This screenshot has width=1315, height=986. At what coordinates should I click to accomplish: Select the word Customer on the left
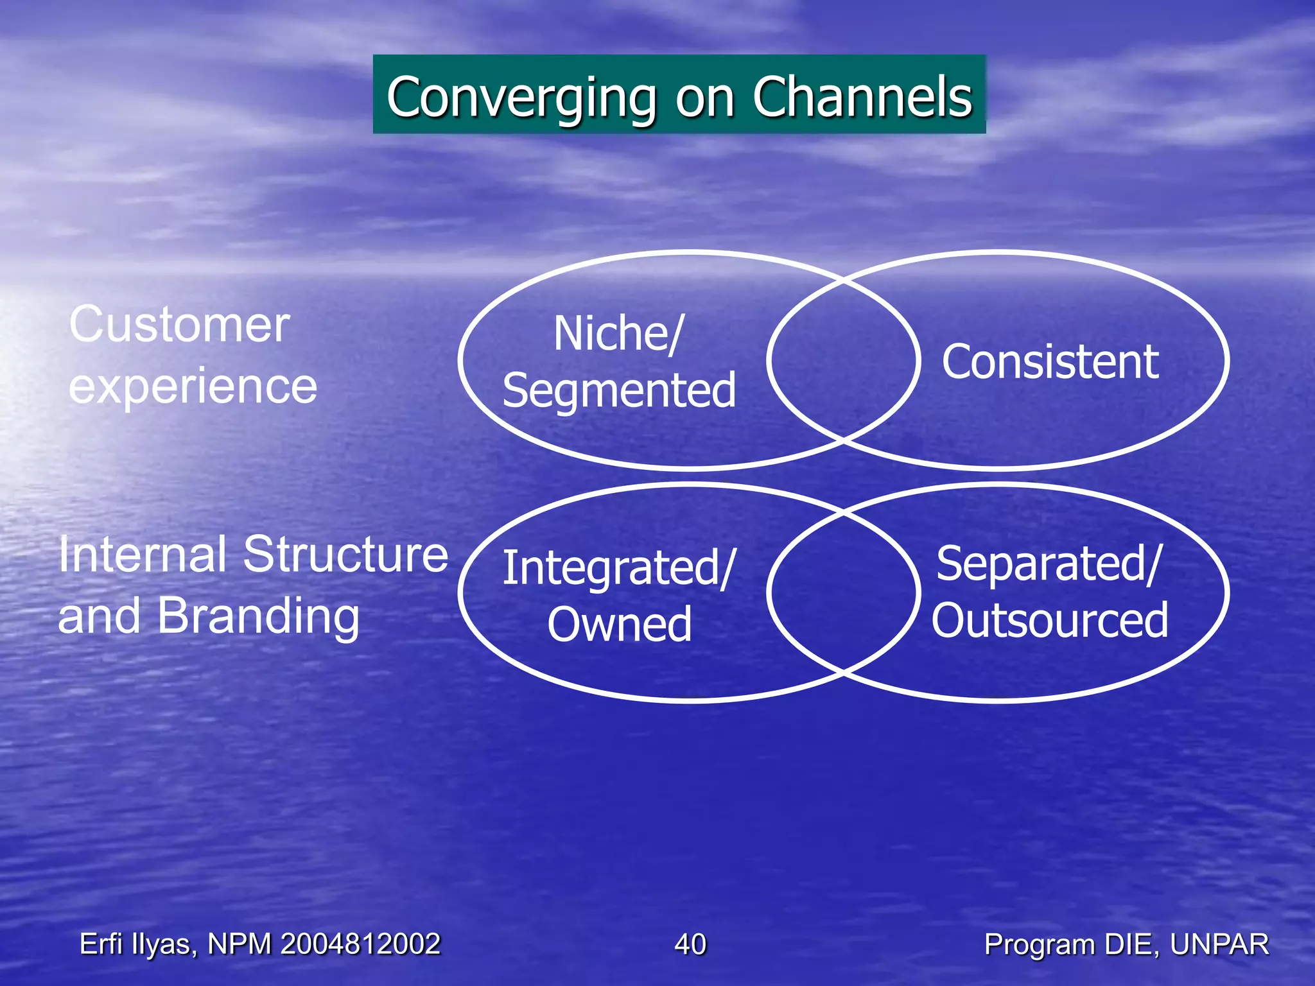pos(179,325)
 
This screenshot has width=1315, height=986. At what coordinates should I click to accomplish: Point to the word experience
pos(193,386)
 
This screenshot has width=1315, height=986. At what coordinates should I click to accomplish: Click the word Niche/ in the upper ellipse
pos(618,334)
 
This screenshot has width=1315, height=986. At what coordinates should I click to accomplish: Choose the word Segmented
pos(619,390)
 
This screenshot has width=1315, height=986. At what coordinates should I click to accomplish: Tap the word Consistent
pos(1050,362)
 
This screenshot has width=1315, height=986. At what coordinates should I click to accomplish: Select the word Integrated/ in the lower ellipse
pos(618,568)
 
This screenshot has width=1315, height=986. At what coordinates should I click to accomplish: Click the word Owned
pos(620,624)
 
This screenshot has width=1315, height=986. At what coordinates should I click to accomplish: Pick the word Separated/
pos(1049,564)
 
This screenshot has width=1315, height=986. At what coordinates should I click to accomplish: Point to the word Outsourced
pos(1050,620)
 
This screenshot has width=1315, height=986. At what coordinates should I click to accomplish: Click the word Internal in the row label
pos(142,555)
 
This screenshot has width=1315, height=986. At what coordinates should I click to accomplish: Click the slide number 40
pos(690,944)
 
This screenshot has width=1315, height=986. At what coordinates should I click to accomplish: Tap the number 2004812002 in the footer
pos(360,944)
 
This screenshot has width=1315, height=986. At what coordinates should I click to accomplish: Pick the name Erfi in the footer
pos(101,944)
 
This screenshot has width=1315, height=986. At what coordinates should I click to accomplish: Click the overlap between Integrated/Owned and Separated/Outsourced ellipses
pos(843,592)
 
